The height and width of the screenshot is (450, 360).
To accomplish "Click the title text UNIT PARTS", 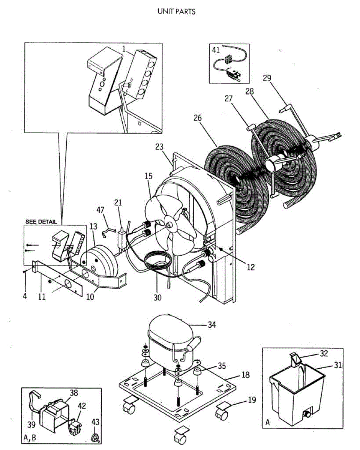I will [177, 12].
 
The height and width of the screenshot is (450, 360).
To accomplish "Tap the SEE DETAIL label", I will [41, 222].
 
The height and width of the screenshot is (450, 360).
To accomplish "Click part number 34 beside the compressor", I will [212, 324].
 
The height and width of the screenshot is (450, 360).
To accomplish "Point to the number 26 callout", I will [198, 118].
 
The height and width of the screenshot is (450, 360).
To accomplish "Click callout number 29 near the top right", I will [267, 78].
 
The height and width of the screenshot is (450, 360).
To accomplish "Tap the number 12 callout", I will [250, 267].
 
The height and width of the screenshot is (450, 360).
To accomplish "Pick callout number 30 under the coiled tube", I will [157, 297].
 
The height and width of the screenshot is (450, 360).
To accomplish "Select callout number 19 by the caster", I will [252, 400].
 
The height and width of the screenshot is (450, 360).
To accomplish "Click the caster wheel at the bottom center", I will [178, 438].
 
